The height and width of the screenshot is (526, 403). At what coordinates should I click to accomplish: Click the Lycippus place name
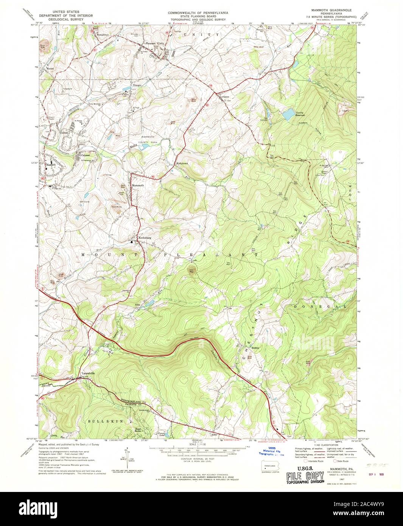[226, 96]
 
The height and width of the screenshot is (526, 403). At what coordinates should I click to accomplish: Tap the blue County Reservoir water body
[288, 114]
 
